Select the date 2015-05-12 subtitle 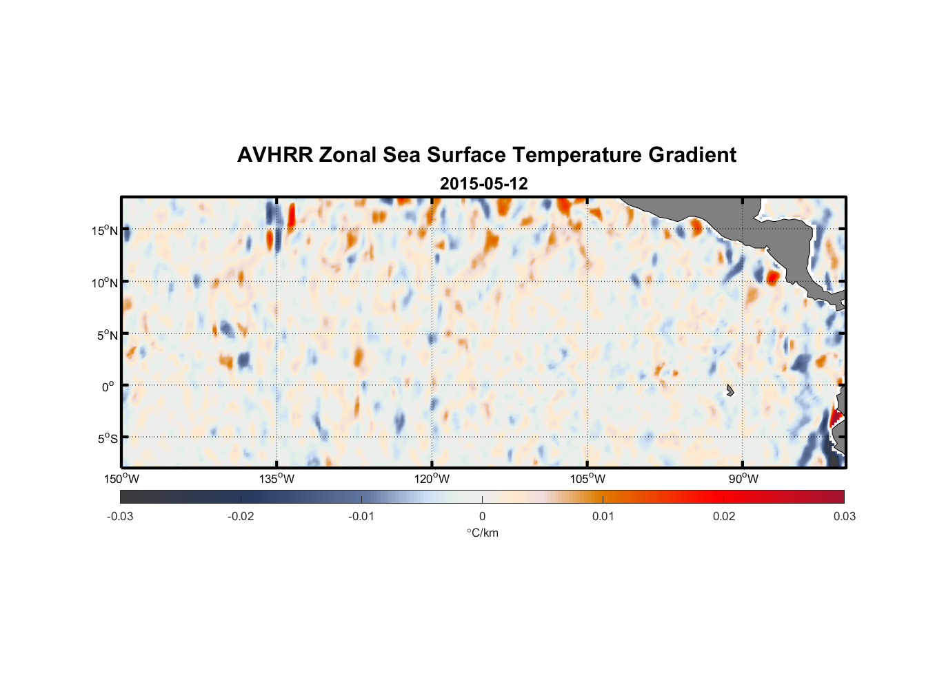[x=483, y=184]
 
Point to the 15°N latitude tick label [x=105, y=230]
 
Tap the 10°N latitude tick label [x=105, y=282]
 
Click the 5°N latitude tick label [x=107, y=335]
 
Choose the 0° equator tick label [x=108, y=387]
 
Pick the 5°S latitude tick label [x=107, y=439]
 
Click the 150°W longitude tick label [x=122, y=479]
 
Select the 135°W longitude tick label [x=277, y=479]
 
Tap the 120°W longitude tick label [x=432, y=479]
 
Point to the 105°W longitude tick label [x=587, y=479]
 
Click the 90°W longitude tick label [x=743, y=479]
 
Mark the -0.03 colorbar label [x=120, y=516]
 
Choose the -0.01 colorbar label [x=361, y=516]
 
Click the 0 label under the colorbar [x=482, y=516]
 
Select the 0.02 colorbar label [x=724, y=516]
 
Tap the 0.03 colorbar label [x=844, y=516]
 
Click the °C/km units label [x=483, y=533]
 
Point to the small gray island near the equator [x=730, y=390]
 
